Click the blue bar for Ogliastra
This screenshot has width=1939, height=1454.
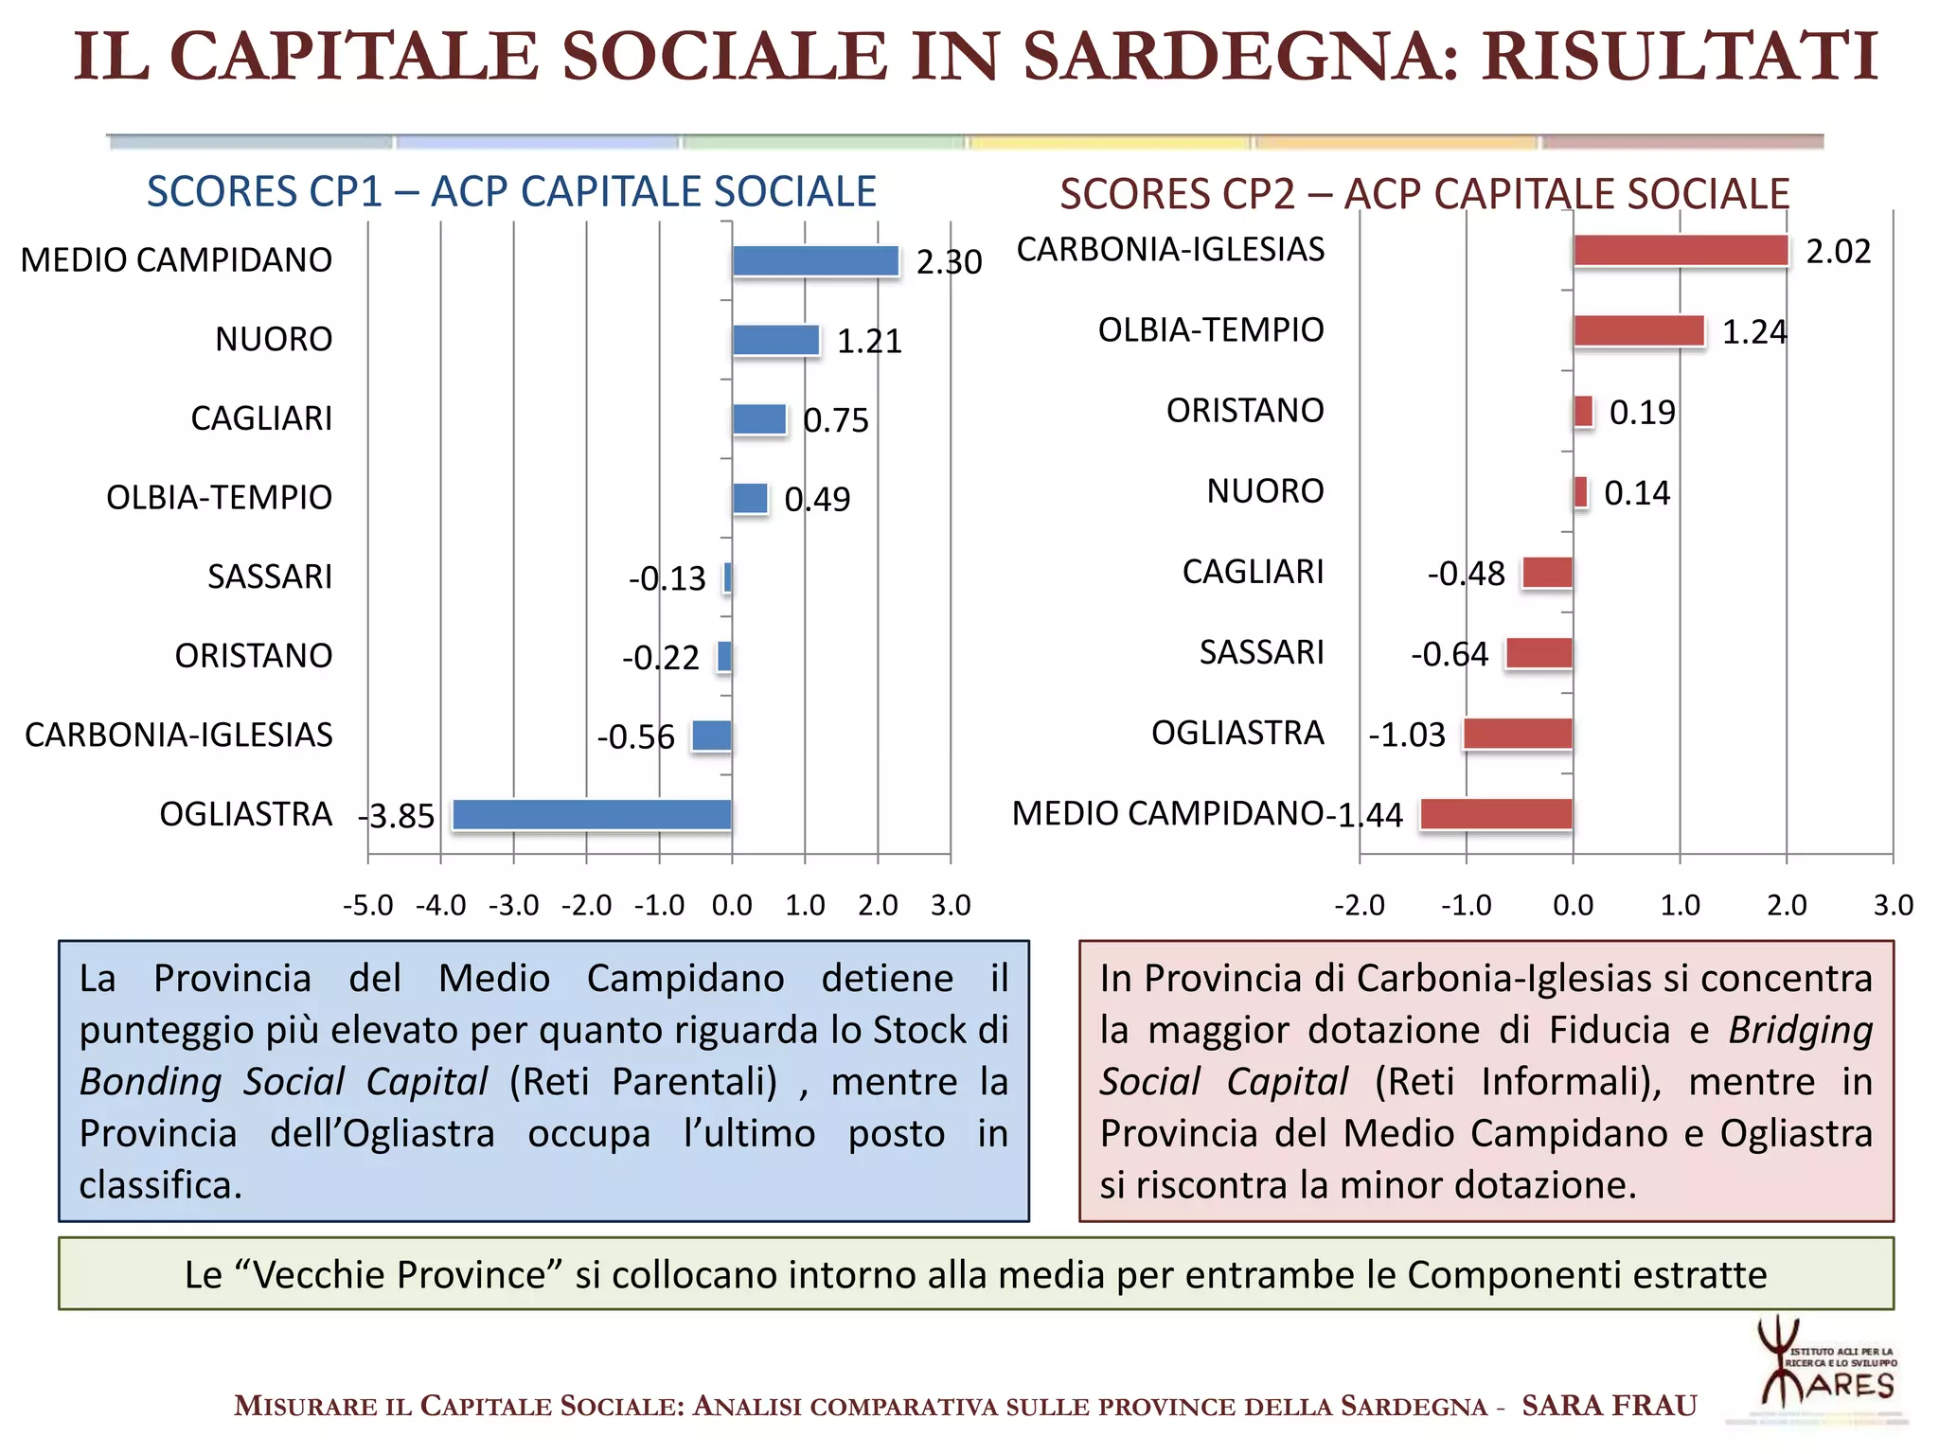click(592, 815)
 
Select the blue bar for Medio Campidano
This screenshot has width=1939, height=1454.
click(815, 261)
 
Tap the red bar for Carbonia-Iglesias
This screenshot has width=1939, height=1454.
click(1681, 251)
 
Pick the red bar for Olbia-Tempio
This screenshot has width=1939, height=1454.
click(1639, 331)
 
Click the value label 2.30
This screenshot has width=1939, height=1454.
click(949, 262)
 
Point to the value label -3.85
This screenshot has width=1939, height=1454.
click(398, 816)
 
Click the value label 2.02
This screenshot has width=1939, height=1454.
click(1838, 252)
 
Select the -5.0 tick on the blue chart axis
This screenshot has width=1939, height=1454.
click(367, 906)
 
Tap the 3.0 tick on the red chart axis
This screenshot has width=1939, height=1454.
click(1893, 906)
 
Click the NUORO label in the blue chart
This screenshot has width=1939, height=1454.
click(274, 339)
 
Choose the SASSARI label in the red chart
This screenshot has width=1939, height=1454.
click(1261, 652)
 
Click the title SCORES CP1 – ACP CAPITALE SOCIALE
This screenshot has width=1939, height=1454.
click(511, 192)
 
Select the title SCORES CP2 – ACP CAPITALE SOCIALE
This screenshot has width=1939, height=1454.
click(1424, 194)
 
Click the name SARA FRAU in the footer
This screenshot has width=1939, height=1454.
click(1609, 1406)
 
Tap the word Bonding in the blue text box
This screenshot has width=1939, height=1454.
click(151, 1082)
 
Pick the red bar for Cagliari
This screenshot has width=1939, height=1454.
click(1547, 574)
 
